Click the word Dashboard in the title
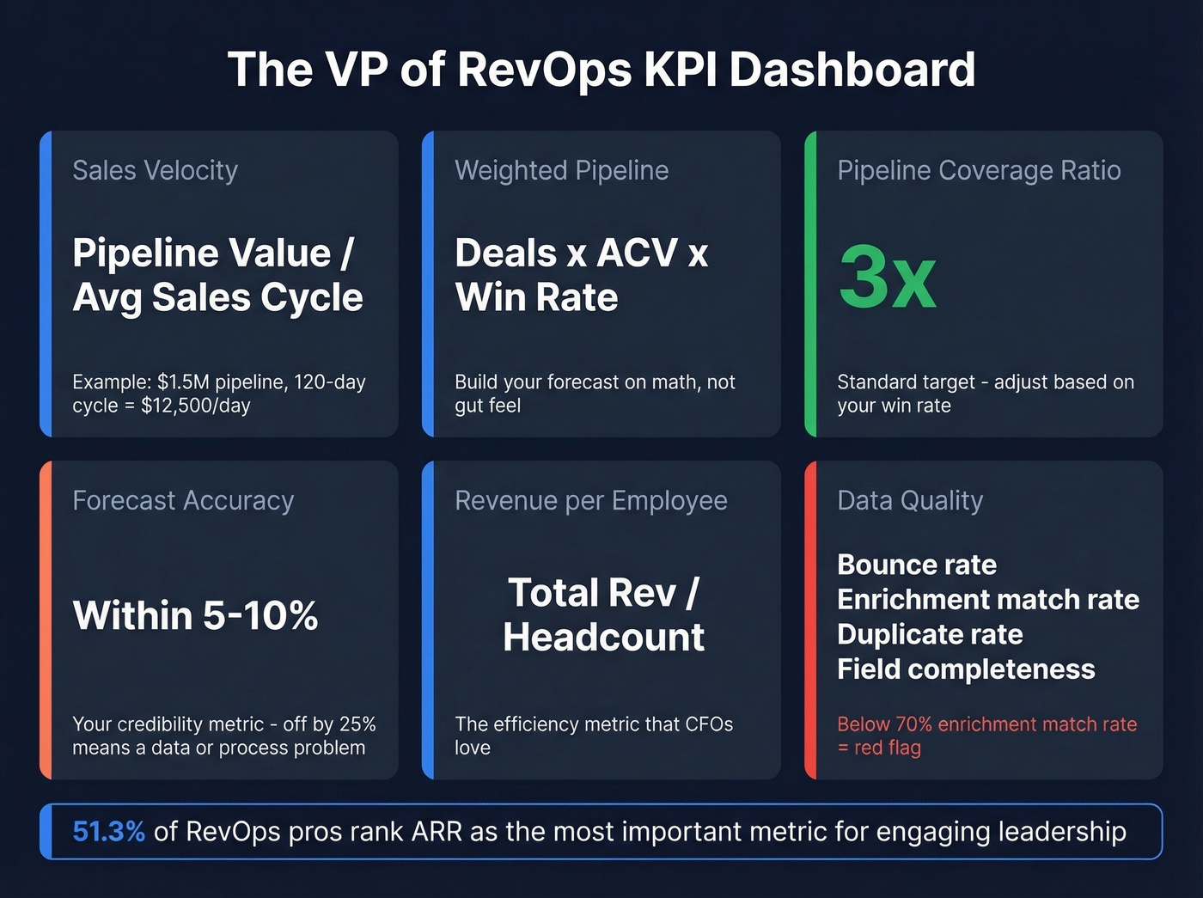click(x=852, y=70)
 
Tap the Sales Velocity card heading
click(x=155, y=170)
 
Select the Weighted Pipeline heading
click(x=561, y=170)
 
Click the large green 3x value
click(x=887, y=278)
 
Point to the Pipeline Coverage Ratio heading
click(x=979, y=170)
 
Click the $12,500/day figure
click(x=195, y=406)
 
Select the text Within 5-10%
click(x=196, y=615)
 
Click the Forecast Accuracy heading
click(x=183, y=500)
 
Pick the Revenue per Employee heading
click(x=590, y=500)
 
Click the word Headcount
click(x=603, y=638)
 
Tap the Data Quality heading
click(x=910, y=500)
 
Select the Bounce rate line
click(x=917, y=565)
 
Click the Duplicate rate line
click(x=930, y=634)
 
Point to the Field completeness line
click(x=966, y=669)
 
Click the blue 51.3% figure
click(x=108, y=832)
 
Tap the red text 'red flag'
click(x=887, y=748)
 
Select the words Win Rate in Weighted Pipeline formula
click(x=536, y=298)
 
